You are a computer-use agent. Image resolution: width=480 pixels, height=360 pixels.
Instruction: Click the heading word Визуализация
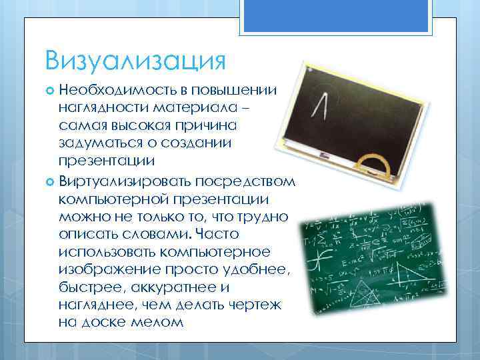pyautogui.click(x=136, y=61)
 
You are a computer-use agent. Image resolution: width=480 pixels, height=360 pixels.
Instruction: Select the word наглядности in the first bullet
pyautogui.click(x=99, y=107)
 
